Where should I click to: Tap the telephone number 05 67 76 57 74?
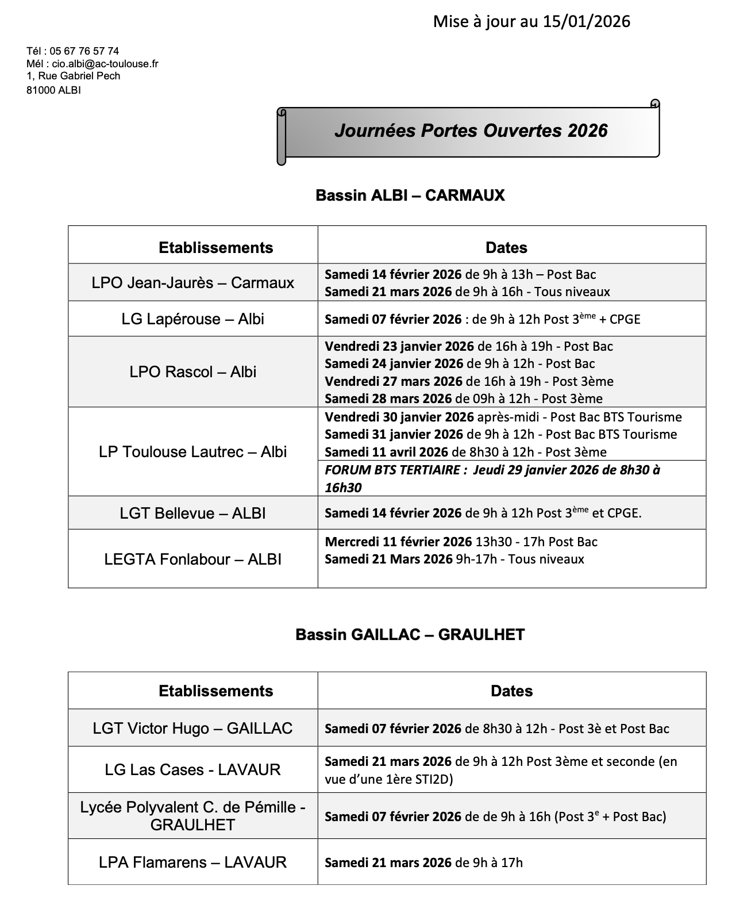pos(84,51)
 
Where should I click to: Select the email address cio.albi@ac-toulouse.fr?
pos(109,64)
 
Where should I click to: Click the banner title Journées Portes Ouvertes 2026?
pos(471,131)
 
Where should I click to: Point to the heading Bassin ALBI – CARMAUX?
pos(410,195)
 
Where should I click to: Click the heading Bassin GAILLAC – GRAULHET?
pos(410,635)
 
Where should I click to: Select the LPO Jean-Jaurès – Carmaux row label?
pos(192,283)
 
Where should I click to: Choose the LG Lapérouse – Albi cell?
pos(192,319)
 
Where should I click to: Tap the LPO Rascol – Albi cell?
pos(192,372)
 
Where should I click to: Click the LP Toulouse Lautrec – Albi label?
pos(192,452)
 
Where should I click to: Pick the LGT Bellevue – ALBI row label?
pos(192,513)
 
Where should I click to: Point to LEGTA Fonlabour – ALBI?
pos(192,559)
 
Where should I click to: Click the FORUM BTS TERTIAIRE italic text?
pos(392,470)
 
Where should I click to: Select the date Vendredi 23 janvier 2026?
pos(399,347)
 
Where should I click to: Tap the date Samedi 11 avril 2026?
pos(387,453)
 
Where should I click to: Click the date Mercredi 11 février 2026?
pos(398,542)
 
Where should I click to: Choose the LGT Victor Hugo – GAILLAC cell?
pos(192,729)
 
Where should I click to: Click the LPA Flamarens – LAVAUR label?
pos(192,862)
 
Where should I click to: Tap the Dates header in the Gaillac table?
pos(511,691)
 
